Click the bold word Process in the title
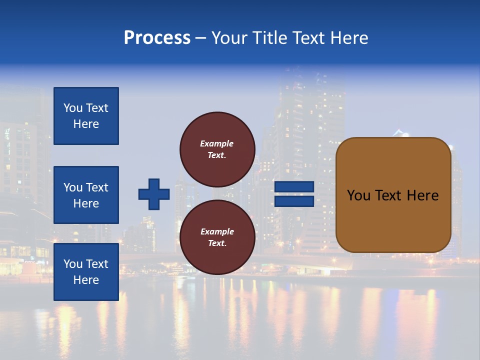[x=157, y=38]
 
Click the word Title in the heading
[x=272, y=38]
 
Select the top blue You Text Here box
[x=86, y=116]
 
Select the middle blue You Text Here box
[x=86, y=195]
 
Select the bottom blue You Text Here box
[x=86, y=271]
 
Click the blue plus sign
[x=154, y=194]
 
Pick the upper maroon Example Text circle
[x=217, y=149]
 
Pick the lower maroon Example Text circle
[x=217, y=237]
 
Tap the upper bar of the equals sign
[x=294, y=187]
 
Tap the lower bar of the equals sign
[x=294, y=201]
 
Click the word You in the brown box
[x=358, y=195]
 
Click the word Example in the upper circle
[x=217, y=143]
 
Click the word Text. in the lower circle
[x=217, y=243]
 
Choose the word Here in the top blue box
[x=86, y=124]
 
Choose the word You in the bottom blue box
[x=73, y=264]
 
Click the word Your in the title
[x=230, y=38]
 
